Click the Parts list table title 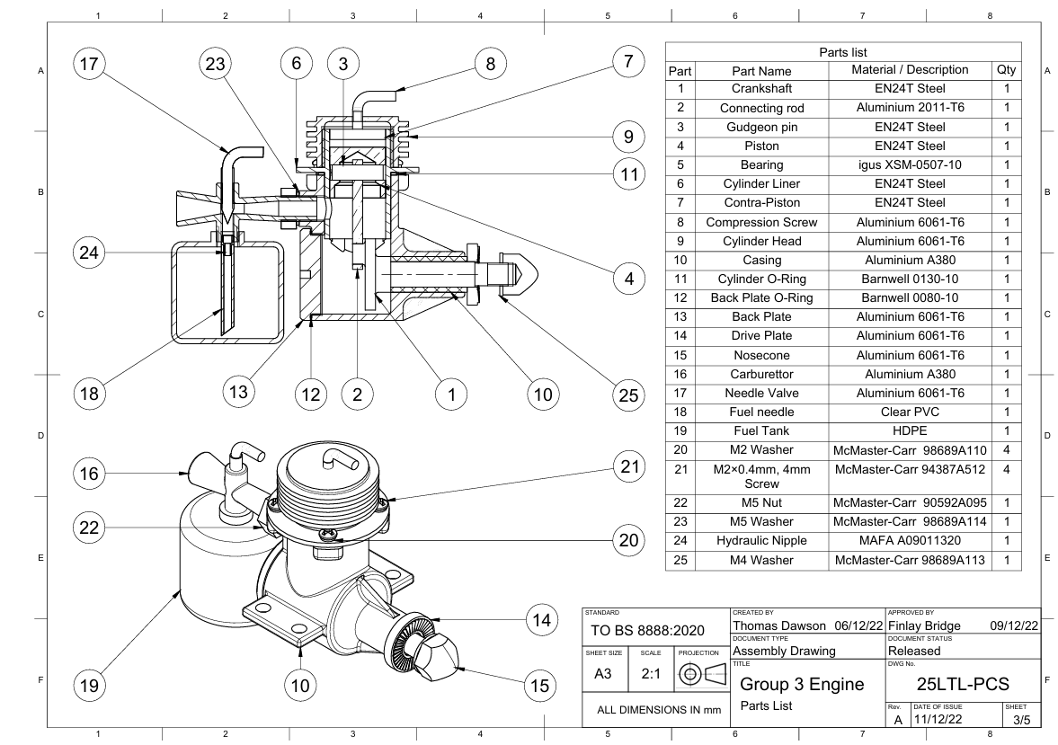coord(843,51)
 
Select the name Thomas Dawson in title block coord(778,625)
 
